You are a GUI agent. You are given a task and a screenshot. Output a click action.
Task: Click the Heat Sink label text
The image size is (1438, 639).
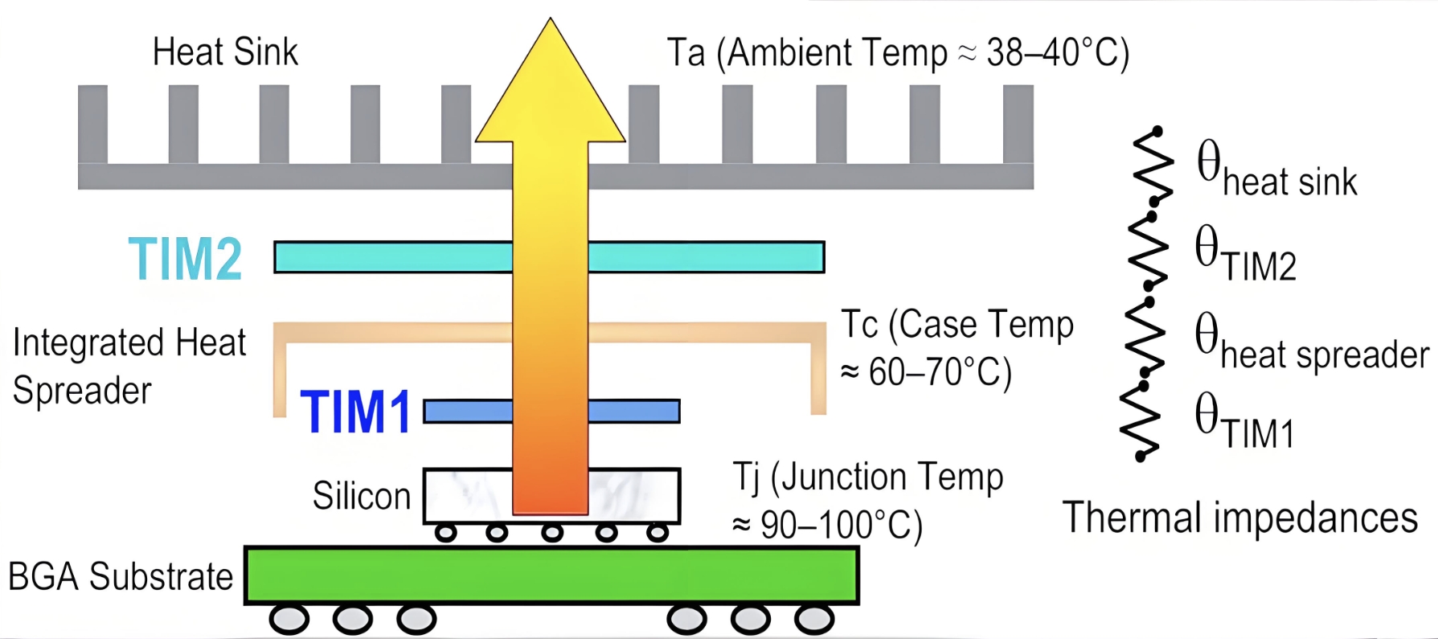tap(225, 52)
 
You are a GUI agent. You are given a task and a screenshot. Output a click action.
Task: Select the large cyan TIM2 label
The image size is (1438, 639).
tap(186, 259)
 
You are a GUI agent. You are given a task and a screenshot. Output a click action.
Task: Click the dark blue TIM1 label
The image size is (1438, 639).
tap(356, 412)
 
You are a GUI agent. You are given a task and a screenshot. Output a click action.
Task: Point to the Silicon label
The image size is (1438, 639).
tap(362, 496)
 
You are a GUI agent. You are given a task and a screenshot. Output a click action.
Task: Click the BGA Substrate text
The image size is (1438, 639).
tap(121, 576)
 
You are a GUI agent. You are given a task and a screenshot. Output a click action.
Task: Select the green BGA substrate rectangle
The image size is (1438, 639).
tap(551, 575)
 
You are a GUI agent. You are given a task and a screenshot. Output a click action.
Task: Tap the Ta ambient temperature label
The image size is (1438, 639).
tap(898, 53)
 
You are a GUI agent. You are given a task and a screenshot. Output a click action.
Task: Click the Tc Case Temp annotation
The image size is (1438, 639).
tap(957, 348)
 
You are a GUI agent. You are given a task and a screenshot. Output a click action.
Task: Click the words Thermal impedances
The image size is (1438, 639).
tap(1239, 517)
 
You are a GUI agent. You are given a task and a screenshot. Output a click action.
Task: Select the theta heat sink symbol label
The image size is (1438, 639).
tap(1276, 170)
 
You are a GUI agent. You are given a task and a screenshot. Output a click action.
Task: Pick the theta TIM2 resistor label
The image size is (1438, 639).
tap(1245, 255)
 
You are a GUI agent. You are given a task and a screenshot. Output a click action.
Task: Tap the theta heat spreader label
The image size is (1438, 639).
tap(1311, 343)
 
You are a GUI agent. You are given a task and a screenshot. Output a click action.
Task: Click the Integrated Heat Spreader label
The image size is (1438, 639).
tap(129, 366)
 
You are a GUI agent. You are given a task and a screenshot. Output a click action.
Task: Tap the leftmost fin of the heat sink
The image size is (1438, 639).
tap(93, 125)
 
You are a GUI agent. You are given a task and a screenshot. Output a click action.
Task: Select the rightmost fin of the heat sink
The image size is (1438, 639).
tap(1018, 125)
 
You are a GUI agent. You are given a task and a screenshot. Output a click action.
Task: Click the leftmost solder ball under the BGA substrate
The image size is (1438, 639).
tap(289, 620)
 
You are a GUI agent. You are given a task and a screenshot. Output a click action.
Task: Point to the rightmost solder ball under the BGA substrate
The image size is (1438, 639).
tap(814, 620)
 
